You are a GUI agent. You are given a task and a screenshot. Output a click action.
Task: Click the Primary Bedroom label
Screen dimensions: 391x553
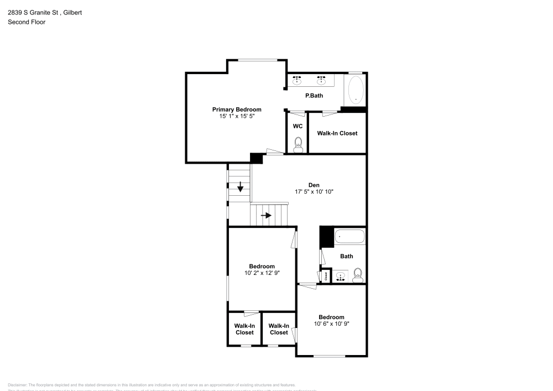click(x=237, y=110)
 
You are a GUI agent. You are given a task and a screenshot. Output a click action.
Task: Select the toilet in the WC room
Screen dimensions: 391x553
click(x=298, y=147)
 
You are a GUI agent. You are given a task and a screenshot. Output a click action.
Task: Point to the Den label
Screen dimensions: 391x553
click(x=314, y=185)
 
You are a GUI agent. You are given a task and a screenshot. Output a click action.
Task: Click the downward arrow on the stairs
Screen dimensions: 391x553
click(x=240, y=188)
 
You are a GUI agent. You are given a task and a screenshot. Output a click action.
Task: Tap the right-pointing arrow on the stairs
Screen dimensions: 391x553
click(x=267, y=215)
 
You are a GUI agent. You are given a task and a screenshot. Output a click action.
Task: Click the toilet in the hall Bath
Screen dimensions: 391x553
click(x=357, y=274)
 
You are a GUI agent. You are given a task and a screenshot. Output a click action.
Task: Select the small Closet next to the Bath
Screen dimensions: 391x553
click(x=326, y=275)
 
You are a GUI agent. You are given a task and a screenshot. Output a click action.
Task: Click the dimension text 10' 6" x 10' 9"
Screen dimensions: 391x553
click(x=331, y=324)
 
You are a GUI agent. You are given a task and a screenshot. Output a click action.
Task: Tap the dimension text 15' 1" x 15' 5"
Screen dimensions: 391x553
click(x=237, y=116)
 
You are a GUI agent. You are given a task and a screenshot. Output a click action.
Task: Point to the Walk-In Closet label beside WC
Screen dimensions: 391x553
click(x=337, y=133)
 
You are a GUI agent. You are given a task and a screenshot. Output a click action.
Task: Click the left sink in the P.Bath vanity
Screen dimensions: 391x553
click(x=296, y=81)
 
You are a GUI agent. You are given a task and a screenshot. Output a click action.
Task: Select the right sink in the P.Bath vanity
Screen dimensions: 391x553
click(x=321, y=81)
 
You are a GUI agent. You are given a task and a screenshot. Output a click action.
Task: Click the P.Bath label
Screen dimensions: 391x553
click(x=314, y=96)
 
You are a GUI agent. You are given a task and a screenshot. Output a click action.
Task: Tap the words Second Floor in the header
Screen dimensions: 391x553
click(x=27, y=22)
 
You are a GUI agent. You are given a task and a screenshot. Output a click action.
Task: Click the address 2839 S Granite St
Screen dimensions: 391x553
click(x=33, y=12)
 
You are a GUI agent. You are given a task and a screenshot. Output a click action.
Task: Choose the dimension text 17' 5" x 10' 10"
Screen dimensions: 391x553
click(x=314, y=191)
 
